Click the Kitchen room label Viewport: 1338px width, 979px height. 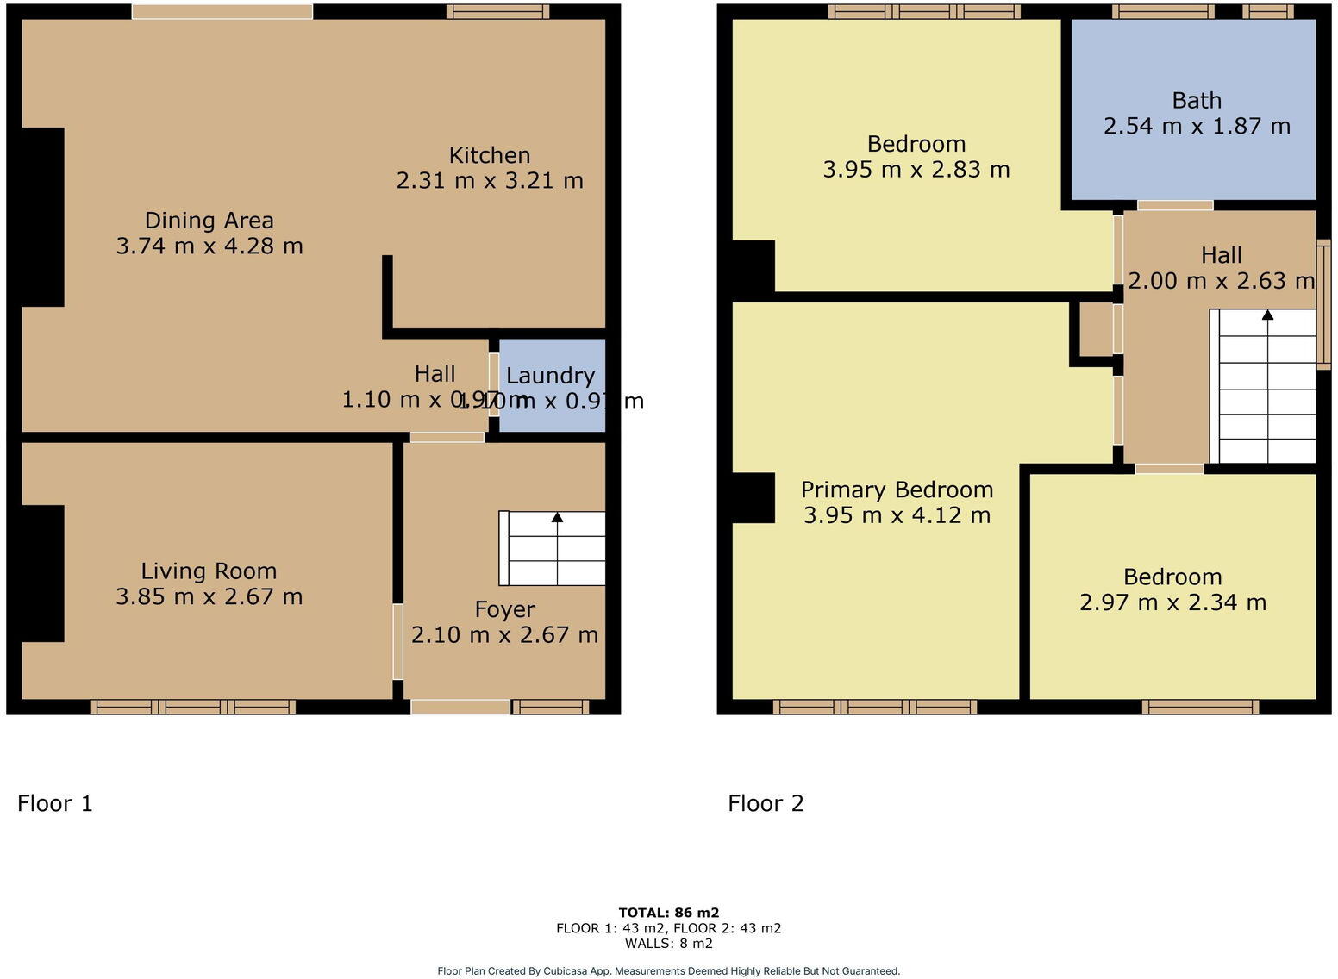point(489,155)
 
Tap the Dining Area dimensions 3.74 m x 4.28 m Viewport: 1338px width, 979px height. point(209,246)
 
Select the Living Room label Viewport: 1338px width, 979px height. point(209,571)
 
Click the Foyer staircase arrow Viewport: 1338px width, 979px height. point(557,517)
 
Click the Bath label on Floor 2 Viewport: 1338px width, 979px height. point(1197,101)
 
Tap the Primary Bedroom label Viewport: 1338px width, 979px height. point(897,489)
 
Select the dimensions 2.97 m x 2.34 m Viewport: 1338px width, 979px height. point(1172,602)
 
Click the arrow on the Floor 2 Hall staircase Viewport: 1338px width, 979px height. point(1267,315)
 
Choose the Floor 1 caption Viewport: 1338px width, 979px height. point(55,803)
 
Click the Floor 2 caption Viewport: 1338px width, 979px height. point(766,803)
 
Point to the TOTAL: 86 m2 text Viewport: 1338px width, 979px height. point(668,913)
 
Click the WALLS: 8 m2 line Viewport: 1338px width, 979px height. point(668,944)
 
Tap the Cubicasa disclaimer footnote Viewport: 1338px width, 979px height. point(668,971)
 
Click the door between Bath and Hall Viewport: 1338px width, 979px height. point(1174,205)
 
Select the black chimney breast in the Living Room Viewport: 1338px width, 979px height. point(42,573)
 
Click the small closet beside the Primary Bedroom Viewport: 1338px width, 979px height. point(1096,329)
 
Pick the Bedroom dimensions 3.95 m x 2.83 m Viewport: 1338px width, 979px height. point(916,170)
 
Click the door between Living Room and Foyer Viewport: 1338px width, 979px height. point(397,641)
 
